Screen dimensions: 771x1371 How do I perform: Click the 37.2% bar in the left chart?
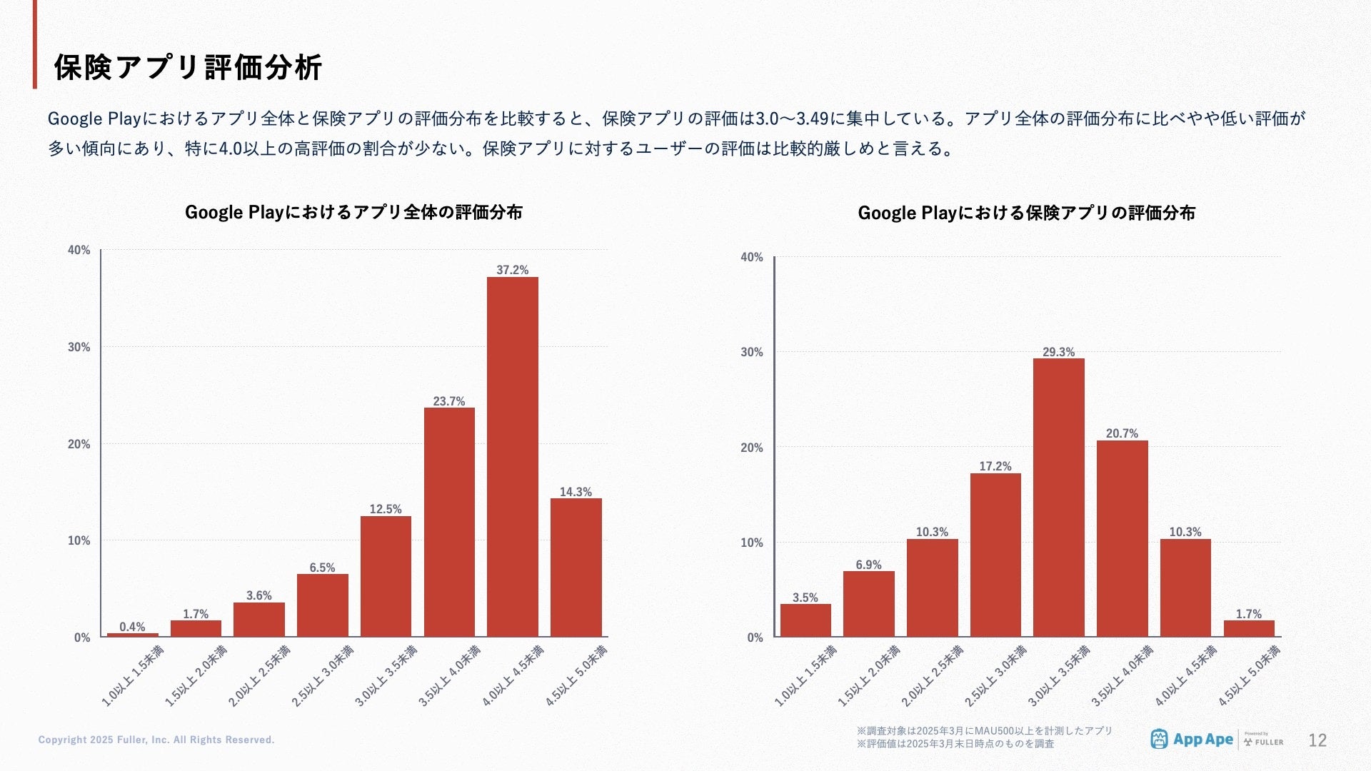coord(512,457)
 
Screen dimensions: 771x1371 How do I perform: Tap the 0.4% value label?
coord(132,627)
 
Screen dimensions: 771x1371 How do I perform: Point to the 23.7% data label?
coord(448,401)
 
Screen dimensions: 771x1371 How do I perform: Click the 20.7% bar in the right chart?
coord(1122,538)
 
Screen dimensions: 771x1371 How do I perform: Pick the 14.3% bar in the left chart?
coord(576,568)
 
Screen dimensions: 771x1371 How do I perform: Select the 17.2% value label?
coord(995,466)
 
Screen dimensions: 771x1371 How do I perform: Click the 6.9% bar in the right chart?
coord(868,604)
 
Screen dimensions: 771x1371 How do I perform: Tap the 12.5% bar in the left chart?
coord(386,576)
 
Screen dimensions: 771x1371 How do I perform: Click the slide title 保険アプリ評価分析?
coord(189,67)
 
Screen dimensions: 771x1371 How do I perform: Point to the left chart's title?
coord(353,212)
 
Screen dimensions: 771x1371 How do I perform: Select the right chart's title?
coord(1026,213)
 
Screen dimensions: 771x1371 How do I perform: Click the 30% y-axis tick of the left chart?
coord(79,347)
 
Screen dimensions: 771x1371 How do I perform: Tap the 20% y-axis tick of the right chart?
coord(752,448)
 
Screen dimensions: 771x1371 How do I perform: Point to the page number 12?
coord(1317,740)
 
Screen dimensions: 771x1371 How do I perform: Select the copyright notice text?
coord(156,740)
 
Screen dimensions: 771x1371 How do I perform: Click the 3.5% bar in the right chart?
coord(805,620)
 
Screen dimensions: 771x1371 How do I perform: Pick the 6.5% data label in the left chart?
coord(322,568)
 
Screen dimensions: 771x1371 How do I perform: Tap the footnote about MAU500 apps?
coord(984,731)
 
